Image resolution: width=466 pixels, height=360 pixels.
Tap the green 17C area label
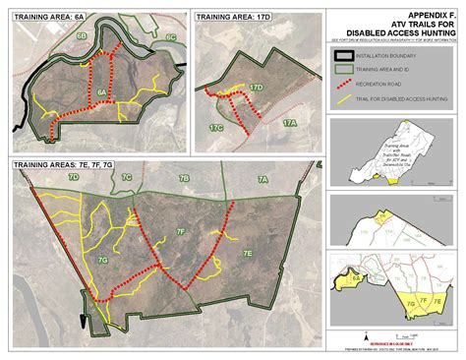point(215,127)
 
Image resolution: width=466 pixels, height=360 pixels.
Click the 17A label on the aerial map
point(289,123)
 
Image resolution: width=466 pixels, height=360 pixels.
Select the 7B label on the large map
point(184,179)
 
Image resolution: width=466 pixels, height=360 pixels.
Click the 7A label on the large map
point(262,179)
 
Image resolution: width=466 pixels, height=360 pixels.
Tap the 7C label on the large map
point(126,178)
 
